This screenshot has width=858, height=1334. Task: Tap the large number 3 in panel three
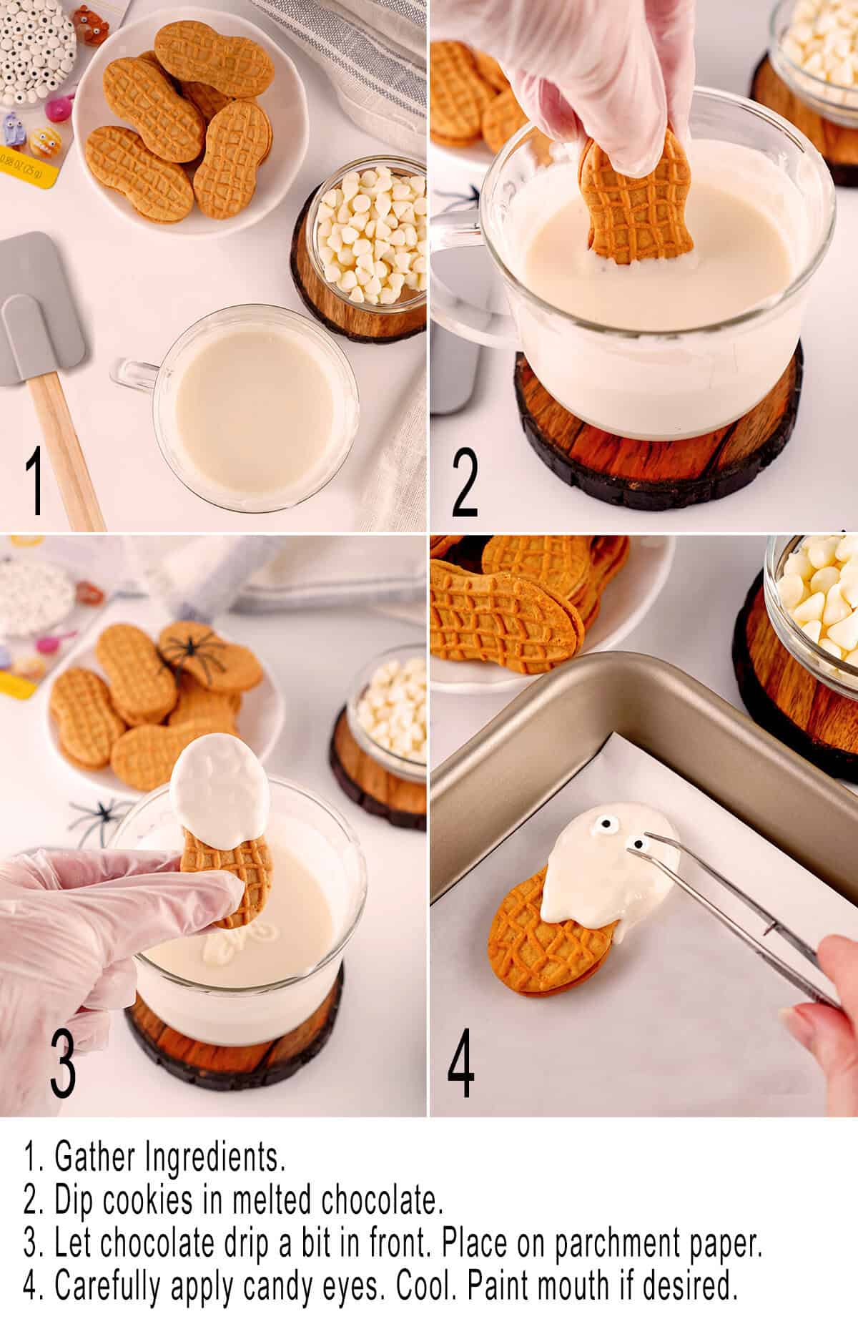[63, 1061]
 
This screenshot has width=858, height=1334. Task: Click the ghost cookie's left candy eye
[599, 830]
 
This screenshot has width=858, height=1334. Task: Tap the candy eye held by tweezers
[636, 844]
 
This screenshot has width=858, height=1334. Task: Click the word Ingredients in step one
[214, 1157]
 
